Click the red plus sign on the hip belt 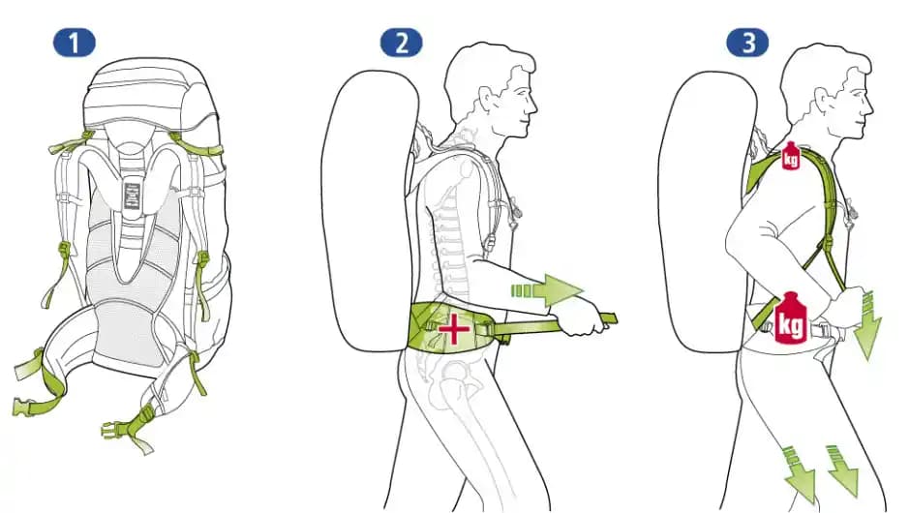(452, 330)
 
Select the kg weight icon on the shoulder (790, 156)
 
